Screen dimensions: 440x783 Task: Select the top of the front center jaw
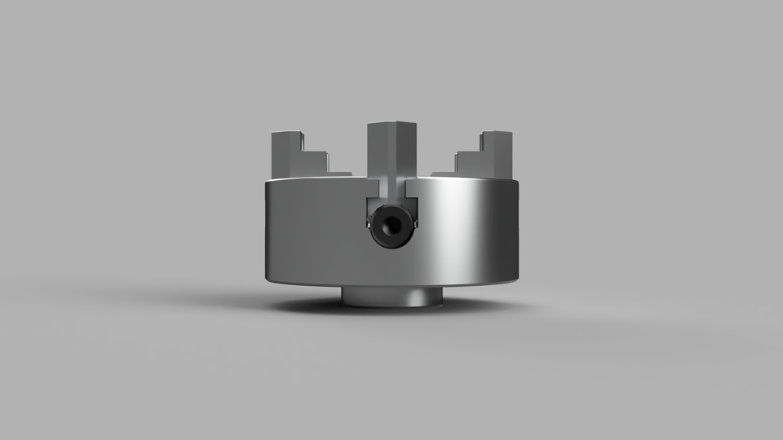pos(391,124)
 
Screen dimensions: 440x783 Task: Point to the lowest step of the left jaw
pos(338,172)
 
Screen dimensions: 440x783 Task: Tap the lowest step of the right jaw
pos(445,172)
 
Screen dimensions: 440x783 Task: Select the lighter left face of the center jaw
pos(380,151)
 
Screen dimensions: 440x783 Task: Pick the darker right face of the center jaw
pos(405,151)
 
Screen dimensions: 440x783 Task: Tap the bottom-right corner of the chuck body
pos(516,279)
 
